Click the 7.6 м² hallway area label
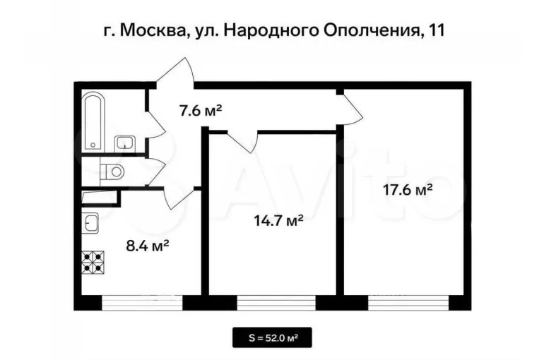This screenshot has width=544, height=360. click(x=200, y=111)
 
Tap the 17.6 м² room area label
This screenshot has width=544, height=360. click(x=408, y=189)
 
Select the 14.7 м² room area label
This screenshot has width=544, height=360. click(x=278, y=220)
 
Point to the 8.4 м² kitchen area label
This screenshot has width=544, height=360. click(x=148, y=246)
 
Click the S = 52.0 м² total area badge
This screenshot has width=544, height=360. click(x=272, y=337)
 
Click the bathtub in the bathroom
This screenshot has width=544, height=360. click(x=93, y=121)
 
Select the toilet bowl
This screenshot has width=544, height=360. click(x=112, y=171)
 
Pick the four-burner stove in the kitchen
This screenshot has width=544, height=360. click(x=93, y=263)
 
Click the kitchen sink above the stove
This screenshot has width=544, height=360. click(x=90, y=223)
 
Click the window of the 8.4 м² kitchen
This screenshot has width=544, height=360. click(x=142, y=302)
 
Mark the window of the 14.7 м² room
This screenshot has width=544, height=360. click(x=276, y=302)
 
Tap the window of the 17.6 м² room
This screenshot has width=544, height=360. click(x=408, y=302)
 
